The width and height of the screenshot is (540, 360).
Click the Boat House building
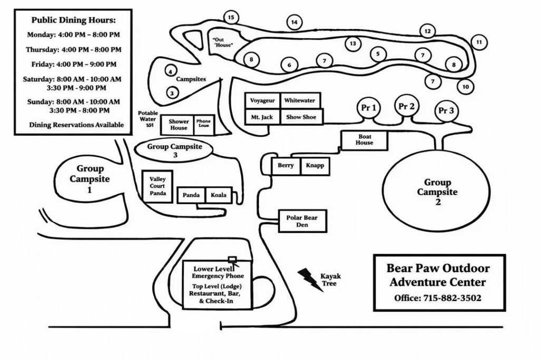(364, 139)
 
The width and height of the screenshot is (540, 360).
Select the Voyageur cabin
(262, 100)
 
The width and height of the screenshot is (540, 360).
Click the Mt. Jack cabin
(262, 117)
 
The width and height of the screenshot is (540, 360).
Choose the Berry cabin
(286, 166)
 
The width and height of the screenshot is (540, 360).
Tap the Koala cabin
(218, 196)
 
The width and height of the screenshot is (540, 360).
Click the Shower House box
(178, 125)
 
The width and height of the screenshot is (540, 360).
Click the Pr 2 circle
(406, 106)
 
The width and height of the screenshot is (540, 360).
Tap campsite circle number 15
(230, 17)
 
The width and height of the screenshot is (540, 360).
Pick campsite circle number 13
(353, 43)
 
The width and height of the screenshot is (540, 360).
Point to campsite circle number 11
(478, 42)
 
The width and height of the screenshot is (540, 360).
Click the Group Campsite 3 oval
(174, 149)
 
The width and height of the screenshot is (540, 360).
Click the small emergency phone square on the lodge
(231, 258)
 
